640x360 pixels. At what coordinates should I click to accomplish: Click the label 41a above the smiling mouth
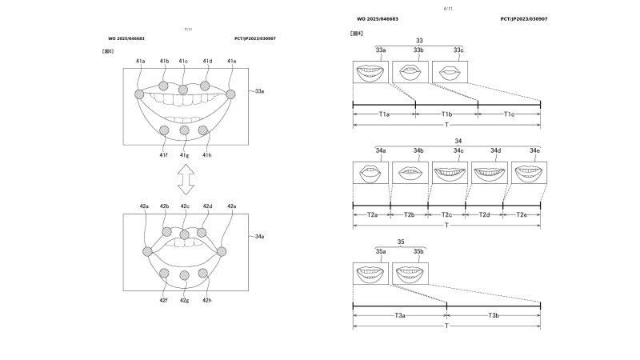[140, 61]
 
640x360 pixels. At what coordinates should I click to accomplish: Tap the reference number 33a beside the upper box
[259, 92]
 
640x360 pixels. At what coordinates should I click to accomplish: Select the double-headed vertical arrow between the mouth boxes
[186, 178]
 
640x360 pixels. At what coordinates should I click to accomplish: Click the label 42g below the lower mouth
[185, 300]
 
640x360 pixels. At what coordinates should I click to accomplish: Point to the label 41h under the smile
[207, 154]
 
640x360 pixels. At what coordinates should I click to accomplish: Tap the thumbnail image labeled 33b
[410, 72]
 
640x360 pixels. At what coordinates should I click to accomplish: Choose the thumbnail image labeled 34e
[529, 172]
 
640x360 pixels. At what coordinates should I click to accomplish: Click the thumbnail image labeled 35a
[370, 273]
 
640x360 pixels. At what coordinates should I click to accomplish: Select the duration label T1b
[446, 114]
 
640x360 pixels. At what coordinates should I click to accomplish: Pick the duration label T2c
[446, 215]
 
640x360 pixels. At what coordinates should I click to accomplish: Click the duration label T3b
[494, 316]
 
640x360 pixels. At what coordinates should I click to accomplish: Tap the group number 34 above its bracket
[446, 140]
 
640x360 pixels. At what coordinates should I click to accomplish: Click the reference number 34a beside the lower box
[259, 237]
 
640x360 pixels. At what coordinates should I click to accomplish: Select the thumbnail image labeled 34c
[450, 172]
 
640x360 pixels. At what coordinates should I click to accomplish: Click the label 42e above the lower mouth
[232, 206]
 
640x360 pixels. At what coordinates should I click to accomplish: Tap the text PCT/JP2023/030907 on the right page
[523, 18]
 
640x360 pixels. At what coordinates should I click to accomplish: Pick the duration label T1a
[384, 114]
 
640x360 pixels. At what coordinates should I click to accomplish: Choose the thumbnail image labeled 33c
[449, 72]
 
